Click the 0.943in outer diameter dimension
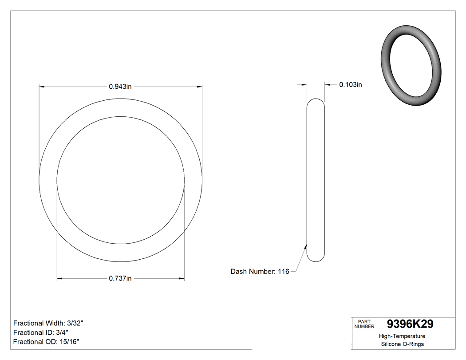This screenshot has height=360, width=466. point(120,87)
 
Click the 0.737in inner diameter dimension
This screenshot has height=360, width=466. point(120,278)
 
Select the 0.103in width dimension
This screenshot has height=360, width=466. point(351,84)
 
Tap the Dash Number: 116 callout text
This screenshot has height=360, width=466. point(260,271)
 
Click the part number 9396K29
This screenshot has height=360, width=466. point(410,324)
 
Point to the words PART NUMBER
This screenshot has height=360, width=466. point(364,324)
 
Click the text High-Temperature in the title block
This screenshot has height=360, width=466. point(402,336)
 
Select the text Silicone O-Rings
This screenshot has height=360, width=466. point(402,344)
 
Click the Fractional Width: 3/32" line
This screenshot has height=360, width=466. point(48,323)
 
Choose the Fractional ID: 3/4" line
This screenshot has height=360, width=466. point(41,332)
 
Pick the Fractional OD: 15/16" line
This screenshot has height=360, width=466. point(46,341)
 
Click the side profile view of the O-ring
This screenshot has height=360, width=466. point(316,180)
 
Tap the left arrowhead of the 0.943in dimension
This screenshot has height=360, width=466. point(42,87)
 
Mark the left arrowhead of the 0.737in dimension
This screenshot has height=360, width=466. point(60,279)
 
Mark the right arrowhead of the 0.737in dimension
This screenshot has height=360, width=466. point(182,279)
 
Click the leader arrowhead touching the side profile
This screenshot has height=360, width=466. point(305,245)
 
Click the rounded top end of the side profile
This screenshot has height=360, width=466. point(316,101)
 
